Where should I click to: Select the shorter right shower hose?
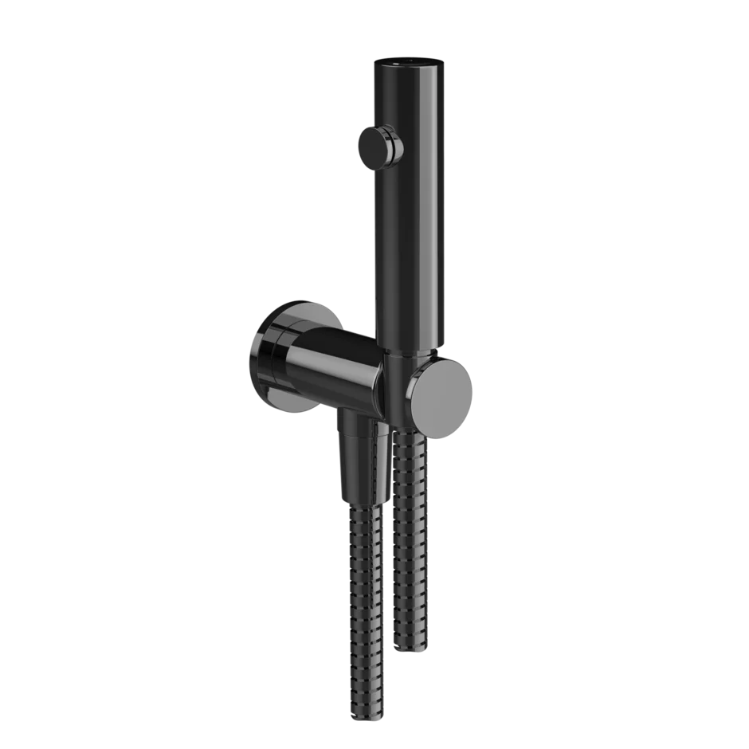[x=411, y=542]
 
